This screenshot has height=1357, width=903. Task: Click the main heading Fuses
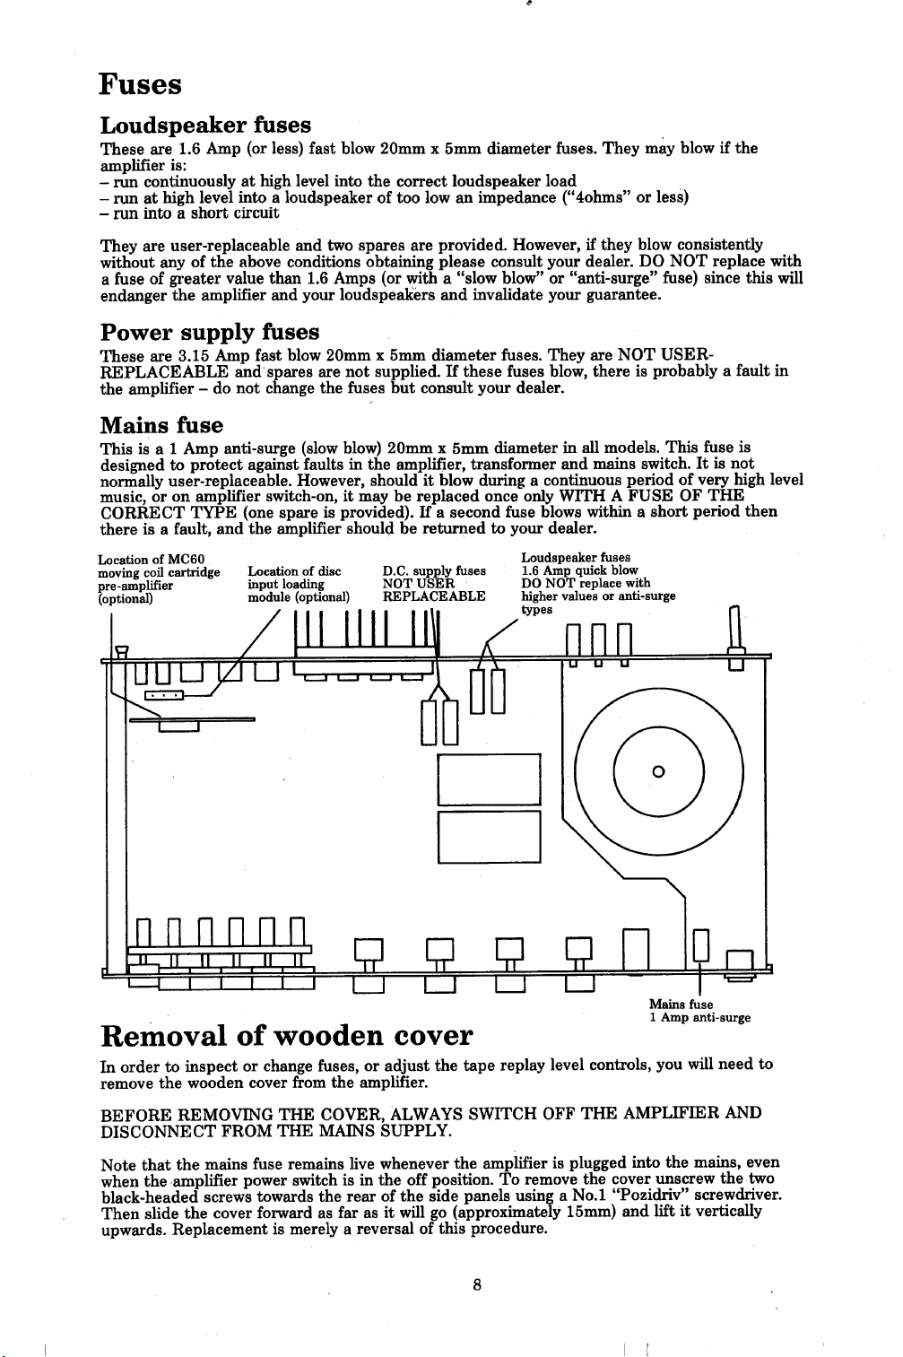[x=141, y=85]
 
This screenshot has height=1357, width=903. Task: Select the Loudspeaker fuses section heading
[x=205, y=125]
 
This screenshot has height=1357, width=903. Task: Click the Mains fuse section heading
[x=161, y=424]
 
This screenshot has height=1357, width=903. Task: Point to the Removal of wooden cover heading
[x=286, y=1036]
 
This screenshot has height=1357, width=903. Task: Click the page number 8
[x=478, y=1283]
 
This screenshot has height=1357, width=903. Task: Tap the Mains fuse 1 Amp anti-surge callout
[x=699, y=1012]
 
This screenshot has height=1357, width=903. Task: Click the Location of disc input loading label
[x=298, y=584]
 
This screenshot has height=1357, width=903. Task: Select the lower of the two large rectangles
[x=489, y=836]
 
